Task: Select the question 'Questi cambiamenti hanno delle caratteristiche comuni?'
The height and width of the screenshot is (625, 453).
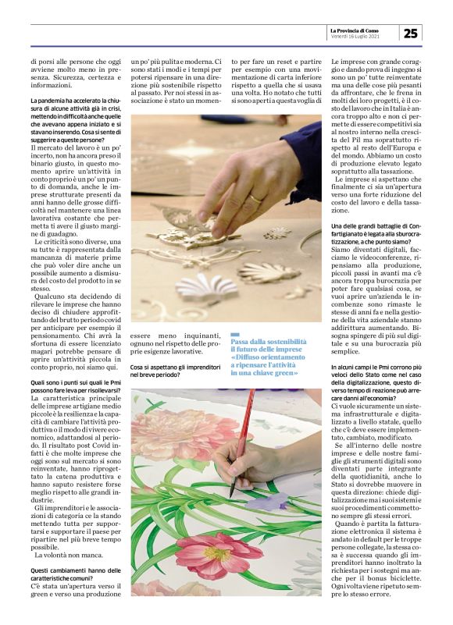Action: click(76, 575)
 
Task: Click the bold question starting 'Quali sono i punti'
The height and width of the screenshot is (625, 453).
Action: click(76, 387)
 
